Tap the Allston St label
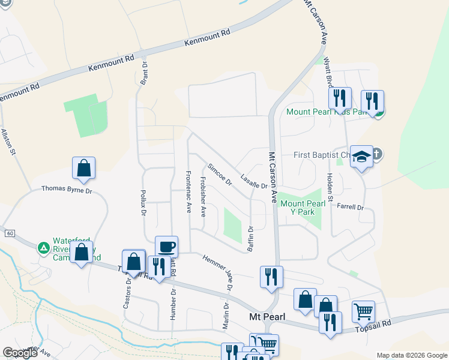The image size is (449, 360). [x=8, y=142]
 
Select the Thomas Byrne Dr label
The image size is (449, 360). [x=67, y=189]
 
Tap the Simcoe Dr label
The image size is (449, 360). [x=219, y=174]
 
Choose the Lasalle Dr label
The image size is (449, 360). [x=253, y=181]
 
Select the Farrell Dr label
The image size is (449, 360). [x=351, y=207]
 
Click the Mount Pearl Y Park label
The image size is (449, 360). [x=303, y=208]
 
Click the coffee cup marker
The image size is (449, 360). [x=166, y=246]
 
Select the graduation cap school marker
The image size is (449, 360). [x=361, y=157]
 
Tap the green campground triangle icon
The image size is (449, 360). [x=43, y=247]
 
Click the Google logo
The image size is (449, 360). [x=20, y=353]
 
